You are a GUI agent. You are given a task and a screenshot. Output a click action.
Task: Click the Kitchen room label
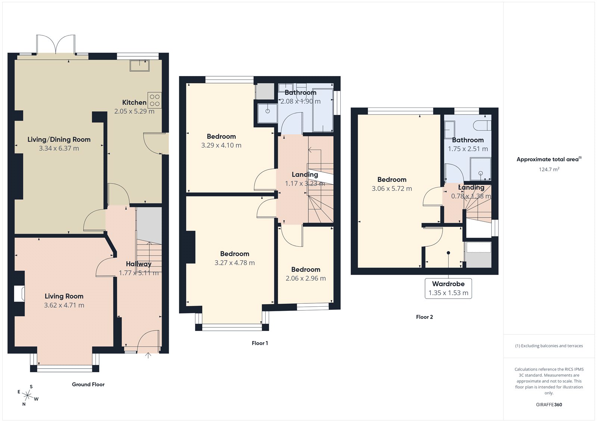pyautogui.click(x=134, y=102)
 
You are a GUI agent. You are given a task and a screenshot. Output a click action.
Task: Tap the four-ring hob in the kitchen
pyautogui.click(x=154, y=100)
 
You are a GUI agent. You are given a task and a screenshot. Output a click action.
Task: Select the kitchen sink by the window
pyautogui.click(x=140, y=66)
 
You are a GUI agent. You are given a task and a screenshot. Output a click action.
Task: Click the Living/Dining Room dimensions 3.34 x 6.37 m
pyautogui.click(x=59, y=149)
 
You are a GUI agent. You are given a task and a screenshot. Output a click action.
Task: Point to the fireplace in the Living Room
pyautogui.click(x=19, y=294)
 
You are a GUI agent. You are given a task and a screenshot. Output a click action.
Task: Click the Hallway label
pyautogui.click(x=138, y=264)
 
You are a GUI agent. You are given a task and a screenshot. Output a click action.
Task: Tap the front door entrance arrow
pyautogui.click(x=148, y=355)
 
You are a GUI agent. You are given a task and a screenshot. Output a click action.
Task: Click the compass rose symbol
pyautogui.click(x=28, y=395)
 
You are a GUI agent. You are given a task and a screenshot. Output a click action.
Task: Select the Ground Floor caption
pyautogui.click(x=88, y=384)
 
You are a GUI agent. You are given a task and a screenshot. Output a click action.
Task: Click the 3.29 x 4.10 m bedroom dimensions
pyautogui.click(x=221, y=146)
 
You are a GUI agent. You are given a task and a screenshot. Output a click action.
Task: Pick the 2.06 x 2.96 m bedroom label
pyautogui.click(x=306, y=269)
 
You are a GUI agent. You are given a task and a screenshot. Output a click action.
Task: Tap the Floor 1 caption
pyautogui.click(x=260, y=343)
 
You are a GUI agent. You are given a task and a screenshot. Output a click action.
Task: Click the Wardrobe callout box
pyautogui.click(x=448, y=288)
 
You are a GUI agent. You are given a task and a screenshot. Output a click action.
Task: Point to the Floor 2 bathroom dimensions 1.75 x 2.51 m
pyautogui.click(x=468, y=149)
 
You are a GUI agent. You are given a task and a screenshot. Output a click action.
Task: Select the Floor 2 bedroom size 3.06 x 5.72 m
pyautogui.click(x=392, y=189)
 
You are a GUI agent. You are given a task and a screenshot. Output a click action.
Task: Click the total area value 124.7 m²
pyautogui.click(x=549, y=169)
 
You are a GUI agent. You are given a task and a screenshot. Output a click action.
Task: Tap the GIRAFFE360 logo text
pyautogui.click(x=549, y=404)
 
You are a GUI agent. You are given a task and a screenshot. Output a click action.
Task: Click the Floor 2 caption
pyautogui.click(x=424, y=317)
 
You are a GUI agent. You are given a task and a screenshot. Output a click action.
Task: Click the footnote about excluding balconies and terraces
pyautogui.click(x=549, y=346)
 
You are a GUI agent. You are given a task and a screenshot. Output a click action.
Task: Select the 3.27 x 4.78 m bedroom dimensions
pyautogui.click(x=235, y=263)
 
